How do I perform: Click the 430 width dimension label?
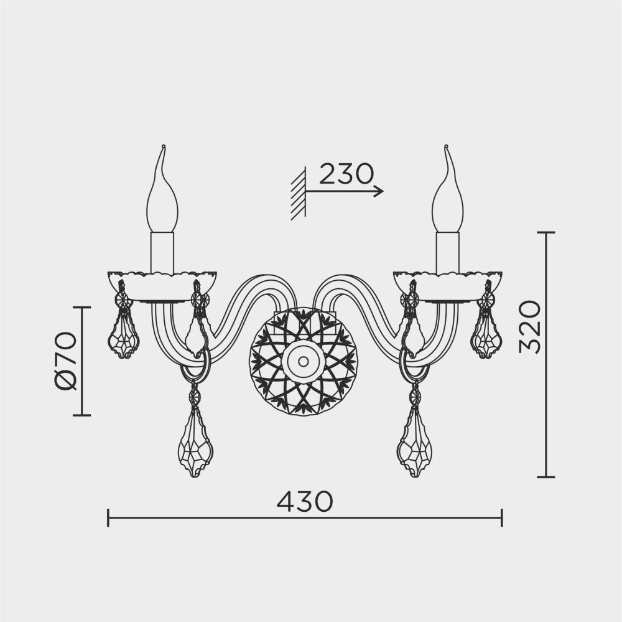tap(305, 501)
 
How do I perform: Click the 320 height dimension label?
tap(530, 327)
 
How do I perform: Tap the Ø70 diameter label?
tap(65, 360)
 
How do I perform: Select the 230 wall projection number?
tap(346, 174)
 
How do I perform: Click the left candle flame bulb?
tap(162, 199)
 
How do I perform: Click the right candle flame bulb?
tap(447, 199)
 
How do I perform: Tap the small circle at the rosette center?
tap(303, 361)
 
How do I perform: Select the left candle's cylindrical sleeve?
tap(162, 252)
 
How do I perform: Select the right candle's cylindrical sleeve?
tap(447, 252)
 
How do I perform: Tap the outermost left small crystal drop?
tap(124, 336)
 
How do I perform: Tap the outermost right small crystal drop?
tap(486, 336)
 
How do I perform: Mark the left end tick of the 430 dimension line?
tap(108, 517)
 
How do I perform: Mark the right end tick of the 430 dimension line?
tap(501, 517)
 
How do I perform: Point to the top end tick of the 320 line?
tap(545, 233)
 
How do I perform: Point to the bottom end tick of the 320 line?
tap(545, 477)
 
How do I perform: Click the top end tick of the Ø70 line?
tap(82, 308)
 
